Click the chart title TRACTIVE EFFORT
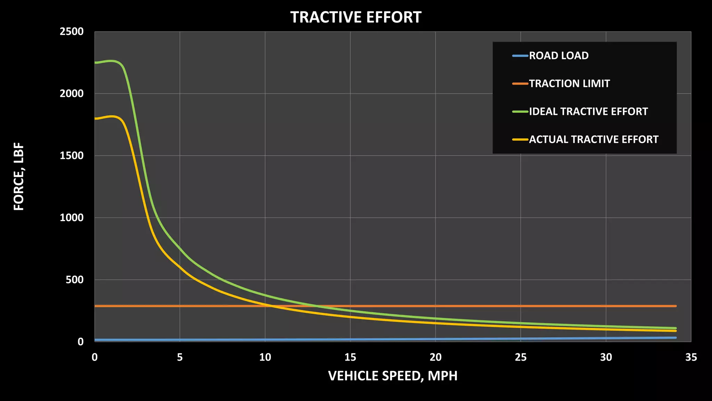tap(356, 17)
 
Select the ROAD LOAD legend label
tap(559, 56)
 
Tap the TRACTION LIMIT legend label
tap(569, 84)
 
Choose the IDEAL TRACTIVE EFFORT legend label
tap(588, 111)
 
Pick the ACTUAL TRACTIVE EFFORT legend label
tap(593, 140)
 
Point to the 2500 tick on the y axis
tap(72, 32)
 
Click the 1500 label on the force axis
tap(72, 156)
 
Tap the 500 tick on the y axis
tap(74, 280)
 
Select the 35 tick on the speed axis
tap(691, 357)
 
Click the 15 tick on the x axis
tap(350, 357)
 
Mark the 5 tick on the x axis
tap(180, 357)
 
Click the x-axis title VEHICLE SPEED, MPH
tap(393, 376)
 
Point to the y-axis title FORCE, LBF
tap(19, 176)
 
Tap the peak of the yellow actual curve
tap(112, 116)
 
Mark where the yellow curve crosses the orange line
tap(271, 306)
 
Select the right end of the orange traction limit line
tap(675, 306)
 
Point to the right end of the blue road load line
tap(675, 338)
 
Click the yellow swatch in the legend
tap(520, 140)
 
